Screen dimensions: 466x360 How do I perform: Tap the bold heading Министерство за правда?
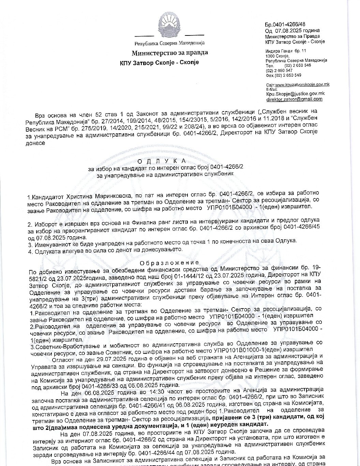169,53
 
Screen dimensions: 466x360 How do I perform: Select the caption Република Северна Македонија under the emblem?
169,43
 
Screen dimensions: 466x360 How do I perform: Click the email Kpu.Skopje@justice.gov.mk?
295,93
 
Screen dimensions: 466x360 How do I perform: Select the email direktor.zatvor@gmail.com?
294,99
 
